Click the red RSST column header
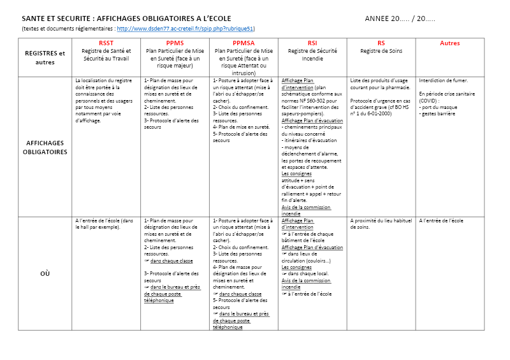click(106, 43)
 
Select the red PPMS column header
click(175, 43)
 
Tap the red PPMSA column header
click(244, 43)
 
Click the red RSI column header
click(312, 43)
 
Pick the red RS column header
click(381, 43)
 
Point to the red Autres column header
click(449, 43)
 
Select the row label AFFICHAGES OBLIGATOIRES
click(45, 148)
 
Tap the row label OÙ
click(45, 273)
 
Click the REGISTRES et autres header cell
click(45, 58)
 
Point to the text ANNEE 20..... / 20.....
click(400, 18)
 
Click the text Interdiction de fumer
click(443, 81)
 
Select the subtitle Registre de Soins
click(381, 51)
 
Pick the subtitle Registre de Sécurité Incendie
click(312, 54)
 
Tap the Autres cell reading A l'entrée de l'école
click(441, 220)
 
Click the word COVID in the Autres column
click(428, 100)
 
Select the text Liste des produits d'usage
click(379, 81)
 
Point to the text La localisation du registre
click(103, 81)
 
